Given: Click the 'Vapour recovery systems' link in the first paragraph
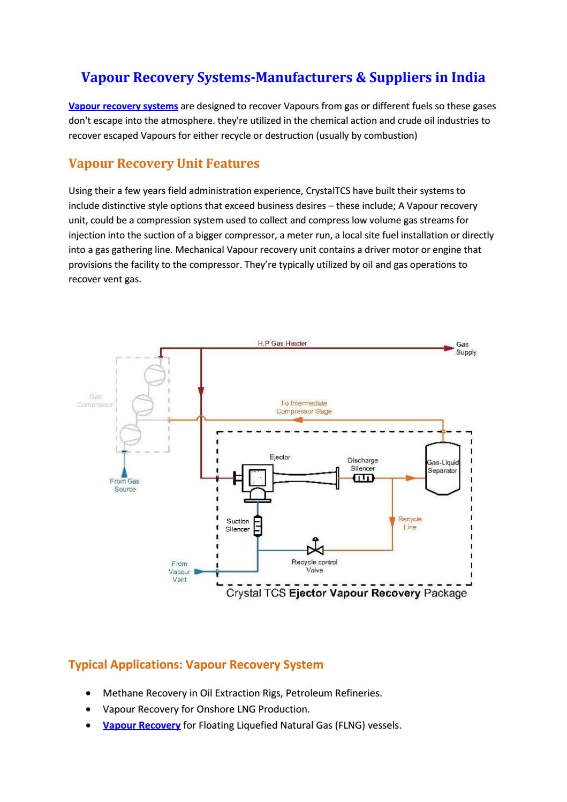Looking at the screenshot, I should (123, 106).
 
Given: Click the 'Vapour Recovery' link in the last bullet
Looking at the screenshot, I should (141, 725).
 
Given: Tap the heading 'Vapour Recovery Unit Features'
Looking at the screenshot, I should (164, 163).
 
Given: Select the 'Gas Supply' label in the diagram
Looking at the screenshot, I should (465, 349).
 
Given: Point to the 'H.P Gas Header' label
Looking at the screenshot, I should (282, 343).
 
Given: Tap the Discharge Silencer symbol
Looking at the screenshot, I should (363, 477).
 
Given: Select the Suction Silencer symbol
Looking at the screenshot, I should (258, 526).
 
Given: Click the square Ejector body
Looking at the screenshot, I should (258, 476).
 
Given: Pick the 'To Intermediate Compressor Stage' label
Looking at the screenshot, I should (304, 407).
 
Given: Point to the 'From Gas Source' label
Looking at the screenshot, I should (125, 485).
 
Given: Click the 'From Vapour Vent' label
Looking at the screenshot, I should (179, 572).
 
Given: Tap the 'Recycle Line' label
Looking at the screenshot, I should (410, 523).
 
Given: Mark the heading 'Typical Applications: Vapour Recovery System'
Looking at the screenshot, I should (196, 665).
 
